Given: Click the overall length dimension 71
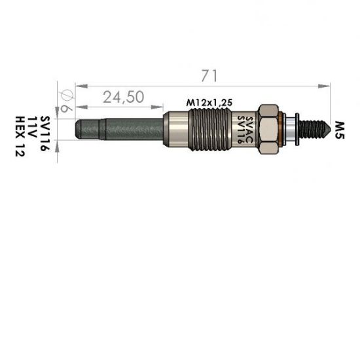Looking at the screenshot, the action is tap(209, 76).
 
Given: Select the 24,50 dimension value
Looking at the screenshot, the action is tap(124, 97).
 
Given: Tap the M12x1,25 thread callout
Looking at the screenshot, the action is tap(209, 103).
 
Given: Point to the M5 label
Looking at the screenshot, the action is tap(340, 130).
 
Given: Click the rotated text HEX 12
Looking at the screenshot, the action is tap(20, 136).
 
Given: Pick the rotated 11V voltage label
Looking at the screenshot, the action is tap(32, 127).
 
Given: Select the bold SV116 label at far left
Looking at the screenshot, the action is tap(45, 134).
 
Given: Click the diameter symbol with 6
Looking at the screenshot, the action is tap(66, 101).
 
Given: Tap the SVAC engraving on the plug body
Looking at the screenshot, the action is tap(249, 130).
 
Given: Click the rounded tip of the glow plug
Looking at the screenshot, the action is tap(79, 129).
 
